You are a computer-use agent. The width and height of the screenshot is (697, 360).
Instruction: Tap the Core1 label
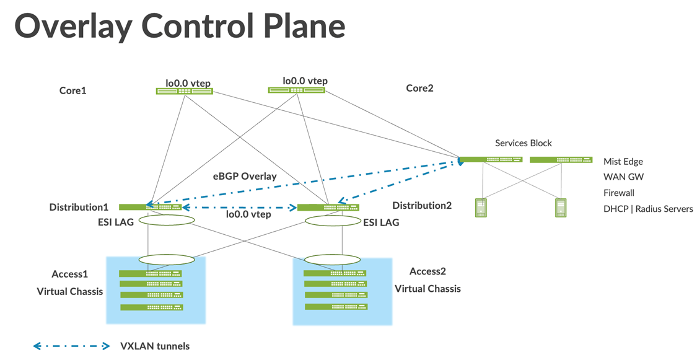coord(72,90)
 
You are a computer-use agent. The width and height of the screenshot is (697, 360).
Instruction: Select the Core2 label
coord(419,88)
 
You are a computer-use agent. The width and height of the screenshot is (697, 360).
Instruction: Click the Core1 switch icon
coord(184,91)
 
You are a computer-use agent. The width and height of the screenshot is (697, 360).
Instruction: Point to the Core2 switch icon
coord(296,90)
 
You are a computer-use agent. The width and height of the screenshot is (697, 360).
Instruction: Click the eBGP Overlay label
coord(245,177)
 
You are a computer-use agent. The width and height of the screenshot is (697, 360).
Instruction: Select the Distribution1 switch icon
coord(151,207)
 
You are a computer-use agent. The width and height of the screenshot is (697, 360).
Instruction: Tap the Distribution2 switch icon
coord(328,207)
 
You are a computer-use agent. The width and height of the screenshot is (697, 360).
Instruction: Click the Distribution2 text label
coord(422,205)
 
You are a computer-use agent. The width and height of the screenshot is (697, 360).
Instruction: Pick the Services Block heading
coord(523,143)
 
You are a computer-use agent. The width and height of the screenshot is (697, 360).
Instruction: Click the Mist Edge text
coord(623,161)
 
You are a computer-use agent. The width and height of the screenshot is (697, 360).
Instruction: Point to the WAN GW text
coord(623,177)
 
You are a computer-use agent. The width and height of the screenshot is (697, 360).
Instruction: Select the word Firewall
coord(619,193)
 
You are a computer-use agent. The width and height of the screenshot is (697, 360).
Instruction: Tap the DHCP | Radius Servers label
coord(648,209)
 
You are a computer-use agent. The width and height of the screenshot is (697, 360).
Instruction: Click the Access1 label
coord(70,274)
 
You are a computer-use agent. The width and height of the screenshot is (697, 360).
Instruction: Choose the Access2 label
coord(427,271)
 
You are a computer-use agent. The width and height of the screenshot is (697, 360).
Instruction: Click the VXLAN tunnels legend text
coord(154,346)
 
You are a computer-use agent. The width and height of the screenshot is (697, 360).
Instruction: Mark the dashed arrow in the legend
coord(71,346)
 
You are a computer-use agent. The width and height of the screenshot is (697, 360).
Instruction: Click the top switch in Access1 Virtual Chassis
coord(151,273)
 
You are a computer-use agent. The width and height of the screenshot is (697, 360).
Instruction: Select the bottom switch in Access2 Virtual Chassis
coord(335,307)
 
